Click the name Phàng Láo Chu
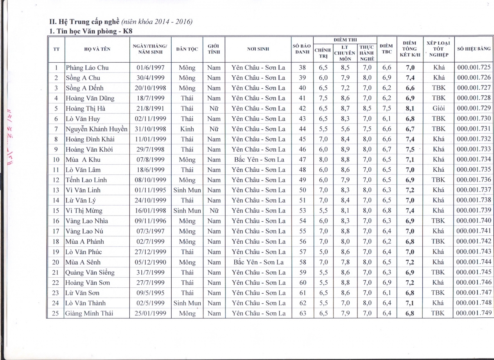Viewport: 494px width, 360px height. click(87, 68)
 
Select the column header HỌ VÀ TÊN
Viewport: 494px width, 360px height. click(97, 49)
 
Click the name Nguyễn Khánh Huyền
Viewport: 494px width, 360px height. click(96, 129)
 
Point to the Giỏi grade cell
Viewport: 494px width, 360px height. click(438, 108)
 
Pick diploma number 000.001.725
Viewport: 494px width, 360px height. click(474, 67)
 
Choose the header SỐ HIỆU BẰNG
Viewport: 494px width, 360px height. click(474, 49)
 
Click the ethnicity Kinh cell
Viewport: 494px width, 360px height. click(187, 129)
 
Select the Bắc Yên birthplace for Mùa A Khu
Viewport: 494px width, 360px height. click(259, 160)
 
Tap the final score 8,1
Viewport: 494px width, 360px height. click(410, 108)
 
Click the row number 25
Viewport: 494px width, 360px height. click(55, 313)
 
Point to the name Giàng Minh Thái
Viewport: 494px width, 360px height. click(89, 313)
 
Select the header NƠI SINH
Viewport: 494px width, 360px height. click(258, 49)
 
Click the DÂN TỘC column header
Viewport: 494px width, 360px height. click(187, 49)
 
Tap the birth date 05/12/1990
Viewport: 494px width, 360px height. click(150, 262)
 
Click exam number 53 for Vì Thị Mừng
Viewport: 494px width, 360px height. click(303, 211)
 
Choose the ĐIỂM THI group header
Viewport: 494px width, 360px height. click(345, 40)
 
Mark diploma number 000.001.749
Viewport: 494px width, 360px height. click(474, 313)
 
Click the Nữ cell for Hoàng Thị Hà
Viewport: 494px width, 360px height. click(214, 108)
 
